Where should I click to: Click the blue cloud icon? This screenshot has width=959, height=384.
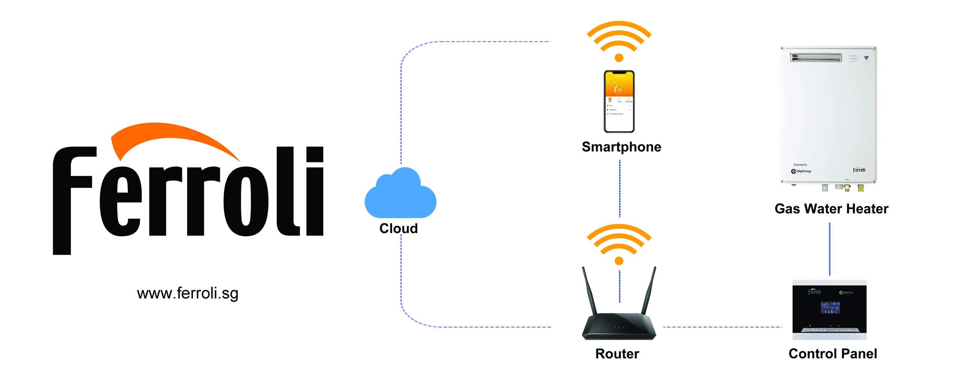coord(400,195)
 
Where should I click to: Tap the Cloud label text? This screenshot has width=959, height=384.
coord(398,228)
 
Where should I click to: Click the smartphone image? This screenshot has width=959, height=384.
coord(619,101)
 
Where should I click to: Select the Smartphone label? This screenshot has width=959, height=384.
coord(621,147)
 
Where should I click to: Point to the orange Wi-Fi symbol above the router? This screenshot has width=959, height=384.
coord(619,244)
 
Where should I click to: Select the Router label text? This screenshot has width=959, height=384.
coord(617,354)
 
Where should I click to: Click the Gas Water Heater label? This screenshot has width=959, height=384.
coord(831,208)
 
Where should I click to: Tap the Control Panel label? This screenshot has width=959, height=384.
coord(832,354)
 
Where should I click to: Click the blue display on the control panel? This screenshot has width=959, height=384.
coord(830,307)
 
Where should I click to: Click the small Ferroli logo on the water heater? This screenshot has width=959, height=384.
coord(859,170)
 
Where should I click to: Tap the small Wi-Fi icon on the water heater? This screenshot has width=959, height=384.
coord(866,58)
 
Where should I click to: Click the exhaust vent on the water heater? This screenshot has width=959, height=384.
coord(816,58)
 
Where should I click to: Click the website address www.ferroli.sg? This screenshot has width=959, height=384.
coord(187,293)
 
